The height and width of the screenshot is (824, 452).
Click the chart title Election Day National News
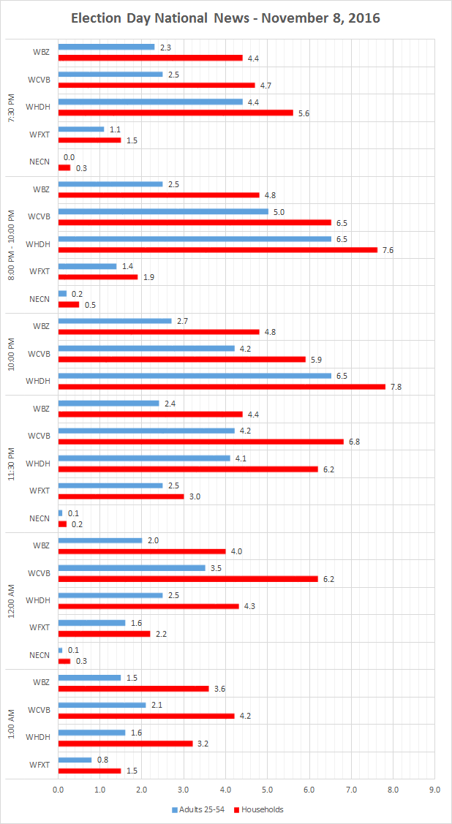[x=225, y=18]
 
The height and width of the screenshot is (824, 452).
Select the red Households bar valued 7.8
[x=222, y=387]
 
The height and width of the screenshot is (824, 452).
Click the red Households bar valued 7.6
[x=217, y=250]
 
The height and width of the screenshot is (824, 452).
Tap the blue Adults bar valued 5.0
[x=163, y=212]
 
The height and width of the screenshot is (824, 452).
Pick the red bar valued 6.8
[x=200, y=442]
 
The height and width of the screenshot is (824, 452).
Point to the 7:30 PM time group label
[x=11, y=107]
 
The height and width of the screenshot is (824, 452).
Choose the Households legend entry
[x=259, y=809]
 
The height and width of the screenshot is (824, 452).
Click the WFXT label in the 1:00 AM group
[x=39, y=765]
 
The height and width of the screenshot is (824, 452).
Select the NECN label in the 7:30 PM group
[x=39, y=162]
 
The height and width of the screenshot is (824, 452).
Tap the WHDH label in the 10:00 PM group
[x=38, y=381]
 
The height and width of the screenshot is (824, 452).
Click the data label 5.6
[x=304, y=113]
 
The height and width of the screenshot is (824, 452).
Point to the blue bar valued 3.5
[x=132, y=568]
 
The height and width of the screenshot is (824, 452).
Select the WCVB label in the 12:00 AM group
[x=38, y=572]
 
